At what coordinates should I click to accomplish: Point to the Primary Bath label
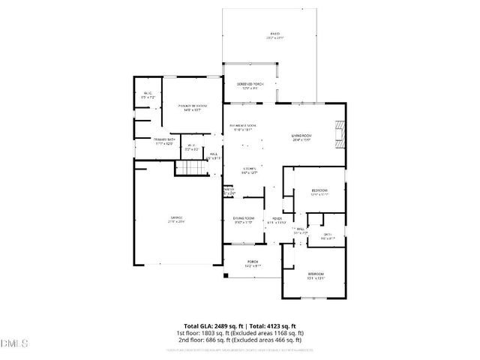(164, 139)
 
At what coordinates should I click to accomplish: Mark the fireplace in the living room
(340, 134)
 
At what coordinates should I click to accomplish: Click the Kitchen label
(250, 169)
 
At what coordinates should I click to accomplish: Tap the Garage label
(175, 218)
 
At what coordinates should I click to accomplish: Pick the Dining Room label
(243, 219)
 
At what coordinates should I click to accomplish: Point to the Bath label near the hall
(327, 235)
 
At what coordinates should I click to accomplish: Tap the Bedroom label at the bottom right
(316, 274)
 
